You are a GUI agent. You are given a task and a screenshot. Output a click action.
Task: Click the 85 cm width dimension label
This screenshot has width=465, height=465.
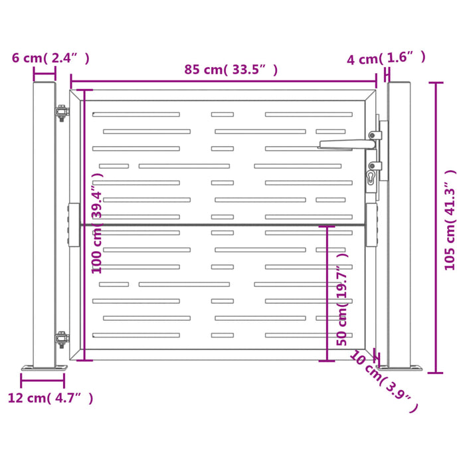[x=231, y=69]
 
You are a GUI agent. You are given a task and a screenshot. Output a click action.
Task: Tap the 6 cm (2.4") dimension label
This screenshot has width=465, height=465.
[x=50, y=58]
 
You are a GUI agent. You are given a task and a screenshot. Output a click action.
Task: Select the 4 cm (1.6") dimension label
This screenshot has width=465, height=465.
[x=386, y=58]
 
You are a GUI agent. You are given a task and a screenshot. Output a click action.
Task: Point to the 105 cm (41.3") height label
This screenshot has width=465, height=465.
[x=451, y=219]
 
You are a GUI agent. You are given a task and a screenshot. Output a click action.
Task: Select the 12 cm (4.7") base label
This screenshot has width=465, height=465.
[x=50, y=398]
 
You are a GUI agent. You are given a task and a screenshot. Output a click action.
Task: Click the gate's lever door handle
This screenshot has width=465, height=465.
[x=349, y=143]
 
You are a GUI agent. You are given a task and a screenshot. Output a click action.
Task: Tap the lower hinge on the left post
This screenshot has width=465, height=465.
[x=61, y=339]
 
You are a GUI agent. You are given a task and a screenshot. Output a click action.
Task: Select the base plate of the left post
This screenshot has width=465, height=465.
[x=44, y=367]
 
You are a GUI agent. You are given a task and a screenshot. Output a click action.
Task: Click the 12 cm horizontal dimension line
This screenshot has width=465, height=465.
[x=43, y=381]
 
